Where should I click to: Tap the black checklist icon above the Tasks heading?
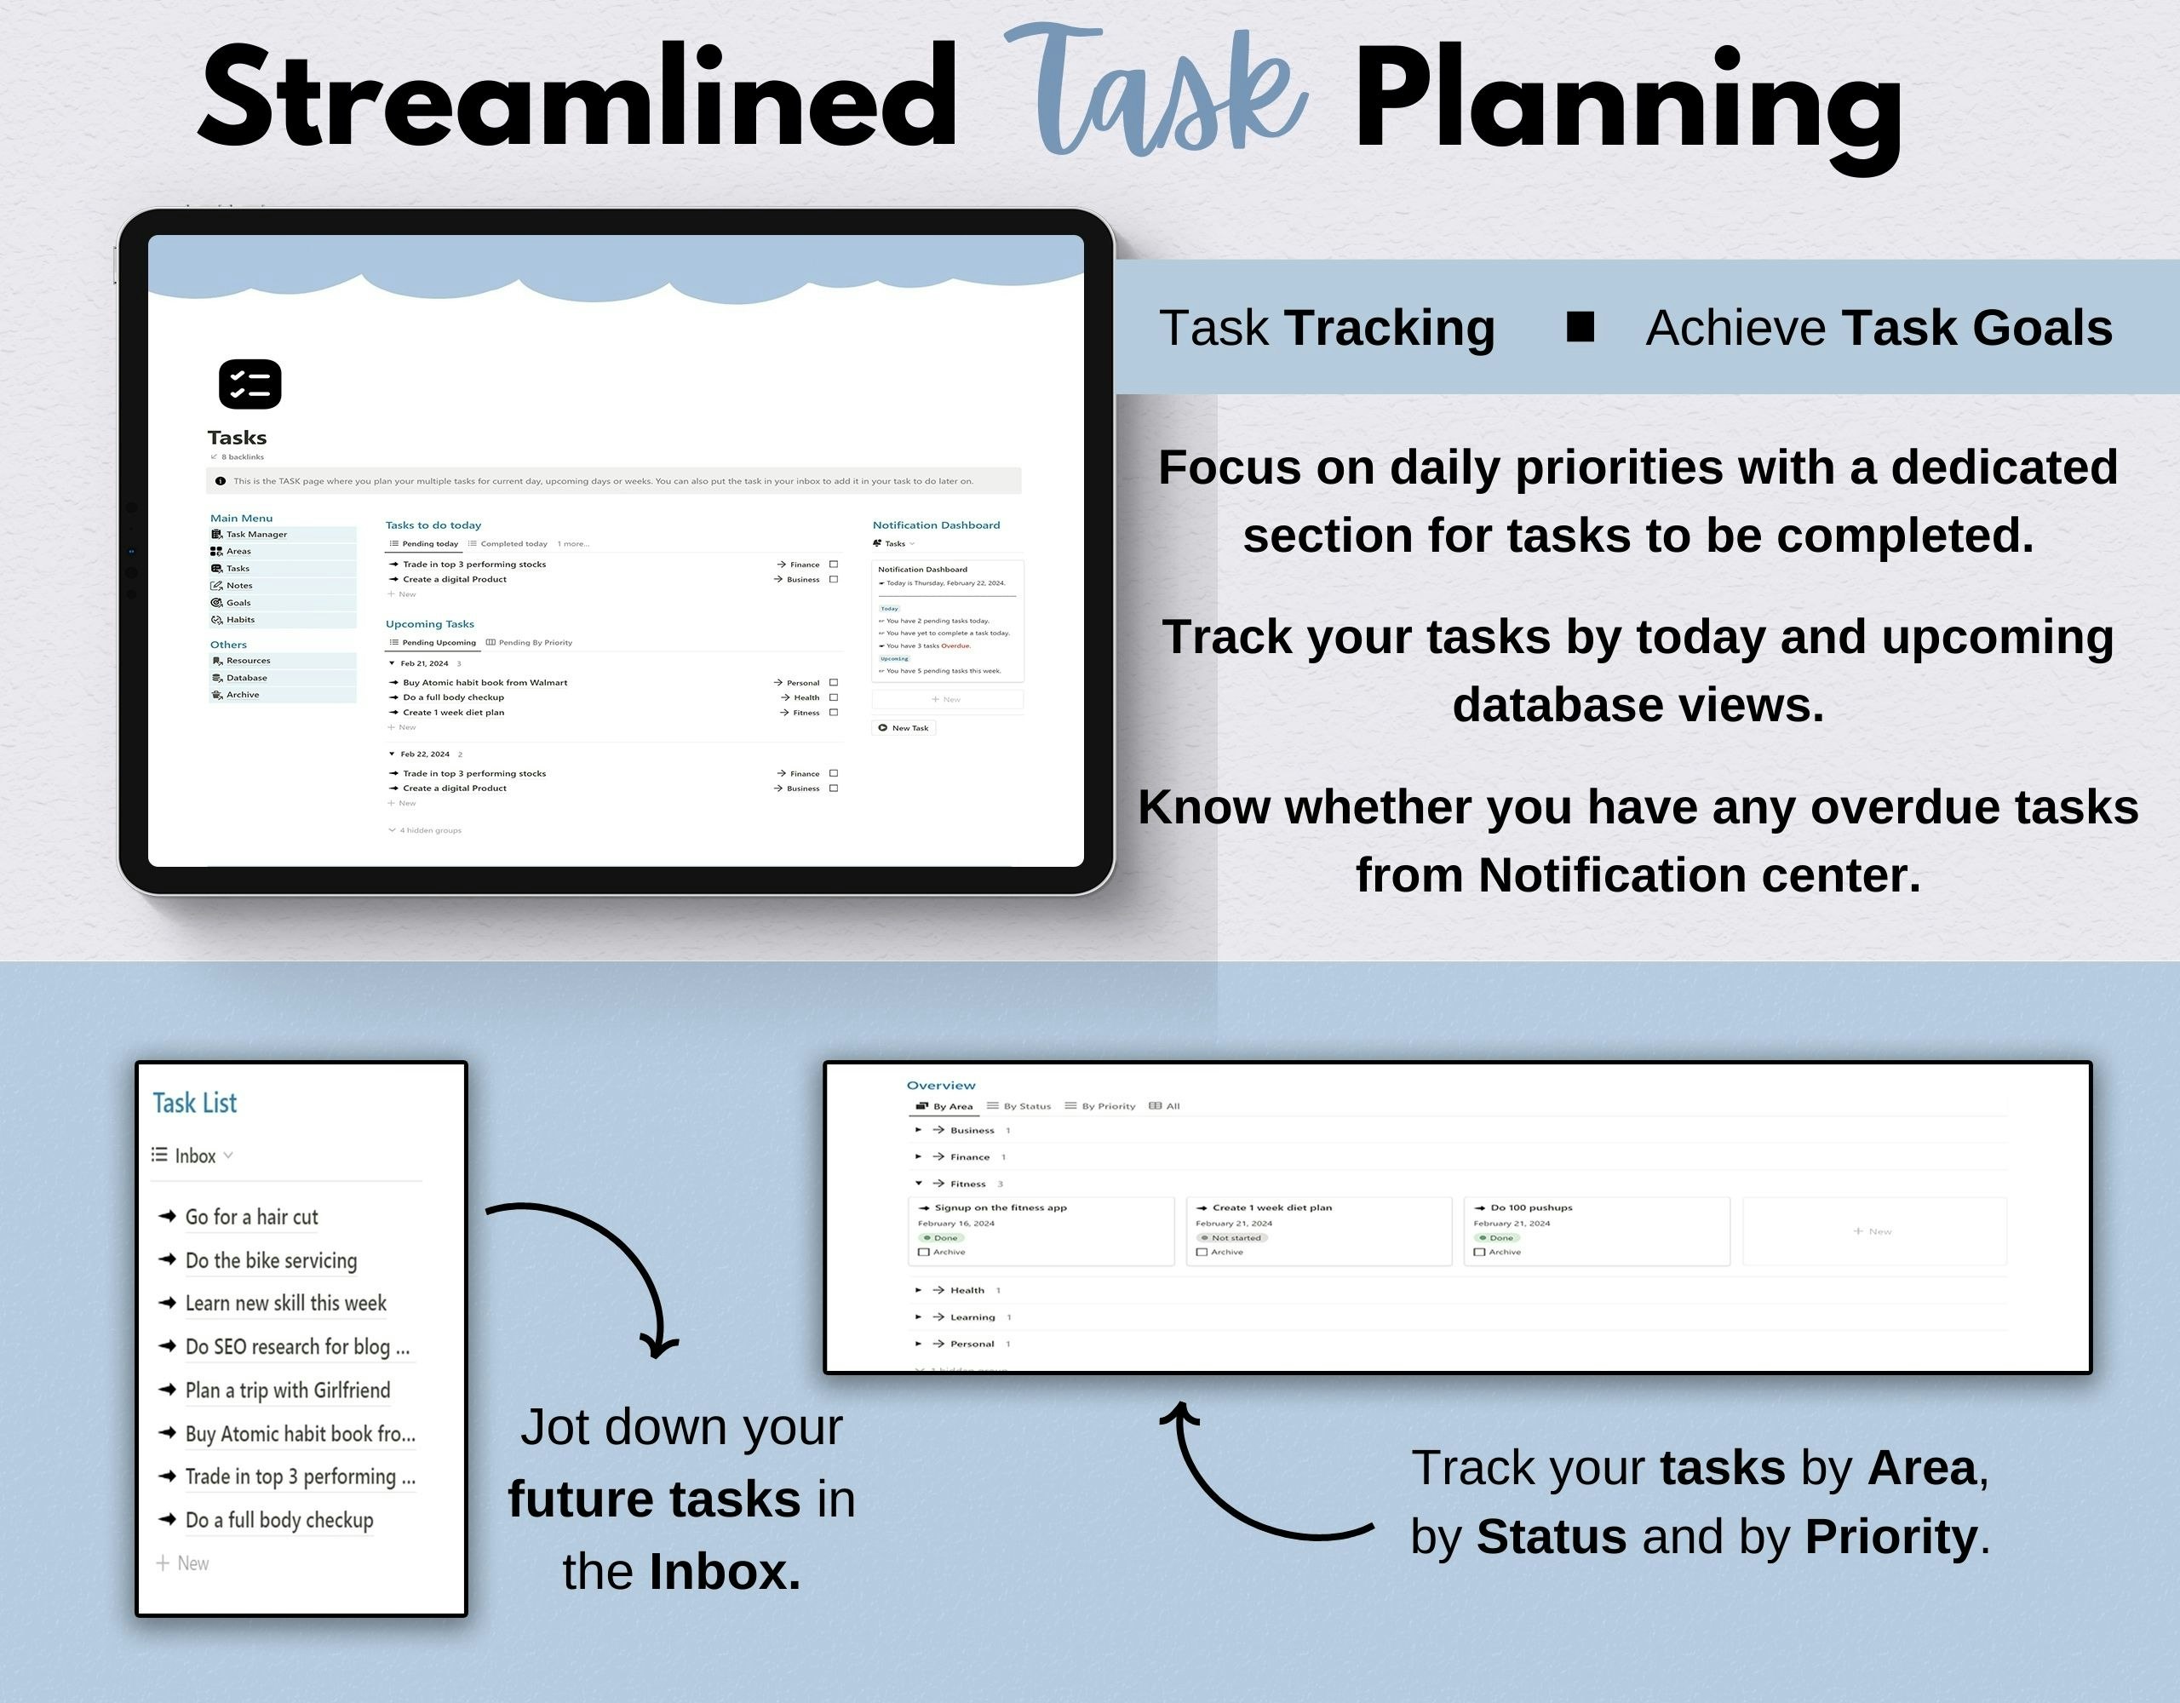250,384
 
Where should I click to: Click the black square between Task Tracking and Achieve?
1580,326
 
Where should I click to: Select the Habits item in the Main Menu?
239,620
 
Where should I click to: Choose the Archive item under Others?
242,695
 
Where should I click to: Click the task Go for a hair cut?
251,1217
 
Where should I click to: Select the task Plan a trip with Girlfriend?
288,1390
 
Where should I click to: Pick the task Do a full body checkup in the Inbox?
279,1520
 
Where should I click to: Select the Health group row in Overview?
967,1291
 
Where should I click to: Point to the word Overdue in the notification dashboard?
955,645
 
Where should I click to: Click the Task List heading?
195,1103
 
